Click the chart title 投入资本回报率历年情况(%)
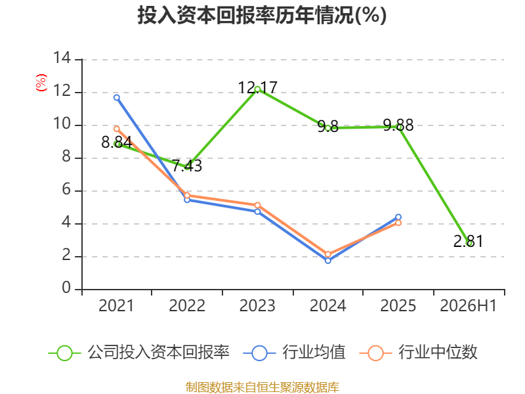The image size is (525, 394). click(262, 15)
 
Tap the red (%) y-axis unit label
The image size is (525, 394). click(41, 83)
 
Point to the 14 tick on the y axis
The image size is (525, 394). click(62, 58)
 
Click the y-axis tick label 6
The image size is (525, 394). click(66, 190)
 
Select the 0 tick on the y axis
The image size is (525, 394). click(66, 288)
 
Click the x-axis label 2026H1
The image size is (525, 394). click(468, 305)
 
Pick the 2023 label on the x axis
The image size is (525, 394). click(257, 305)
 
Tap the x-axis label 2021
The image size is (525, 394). click(116, 305)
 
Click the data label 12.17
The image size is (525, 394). click(257, 88)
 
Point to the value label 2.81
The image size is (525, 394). click(468, 241)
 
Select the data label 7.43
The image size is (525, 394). click(187, 165)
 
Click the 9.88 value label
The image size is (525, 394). click(398, 125)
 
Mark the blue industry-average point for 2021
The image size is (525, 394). click(117, 97)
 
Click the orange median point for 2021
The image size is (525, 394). click(117, 129)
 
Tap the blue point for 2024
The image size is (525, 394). click(327, 260)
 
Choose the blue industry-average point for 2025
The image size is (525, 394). click(398, 217)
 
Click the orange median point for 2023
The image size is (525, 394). click(257, 205)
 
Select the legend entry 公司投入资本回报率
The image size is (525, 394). click(139, 353)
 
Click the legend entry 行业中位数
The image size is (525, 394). click(419, 353)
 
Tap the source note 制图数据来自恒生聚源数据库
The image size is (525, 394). click(262, 387)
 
